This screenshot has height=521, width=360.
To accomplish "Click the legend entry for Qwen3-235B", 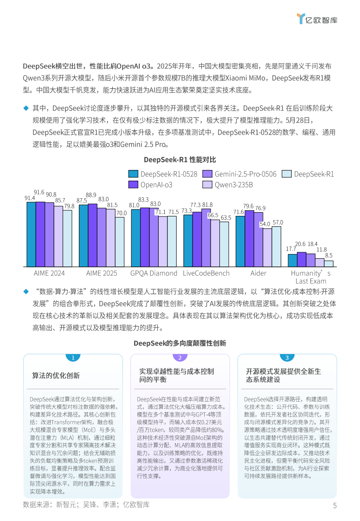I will click(x=228, y=184).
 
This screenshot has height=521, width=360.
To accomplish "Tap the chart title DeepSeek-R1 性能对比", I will click(x=180, y=160).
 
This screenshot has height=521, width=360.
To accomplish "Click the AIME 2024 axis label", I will click(x=49, y=273).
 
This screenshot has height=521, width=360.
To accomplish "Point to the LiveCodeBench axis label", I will click(x=206, y=273).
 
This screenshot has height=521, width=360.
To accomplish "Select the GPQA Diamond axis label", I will click(x=154, y=273).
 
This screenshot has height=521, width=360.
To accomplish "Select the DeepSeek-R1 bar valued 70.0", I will click(x=120, y=241).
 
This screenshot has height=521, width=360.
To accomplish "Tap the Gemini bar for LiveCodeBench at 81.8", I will click(x=206, y=237).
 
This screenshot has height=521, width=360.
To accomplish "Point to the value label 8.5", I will click(x=328, y=255).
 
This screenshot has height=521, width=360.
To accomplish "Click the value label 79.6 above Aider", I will click(x=248, y=206).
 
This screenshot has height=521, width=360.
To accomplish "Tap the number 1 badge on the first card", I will click(x=73, y=358).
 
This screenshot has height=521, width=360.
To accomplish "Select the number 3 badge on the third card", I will click(x=287, y=358).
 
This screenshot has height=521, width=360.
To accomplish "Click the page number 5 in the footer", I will click(x=334, y=506).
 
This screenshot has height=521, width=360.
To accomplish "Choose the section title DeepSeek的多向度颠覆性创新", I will click(x=180, y=343).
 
